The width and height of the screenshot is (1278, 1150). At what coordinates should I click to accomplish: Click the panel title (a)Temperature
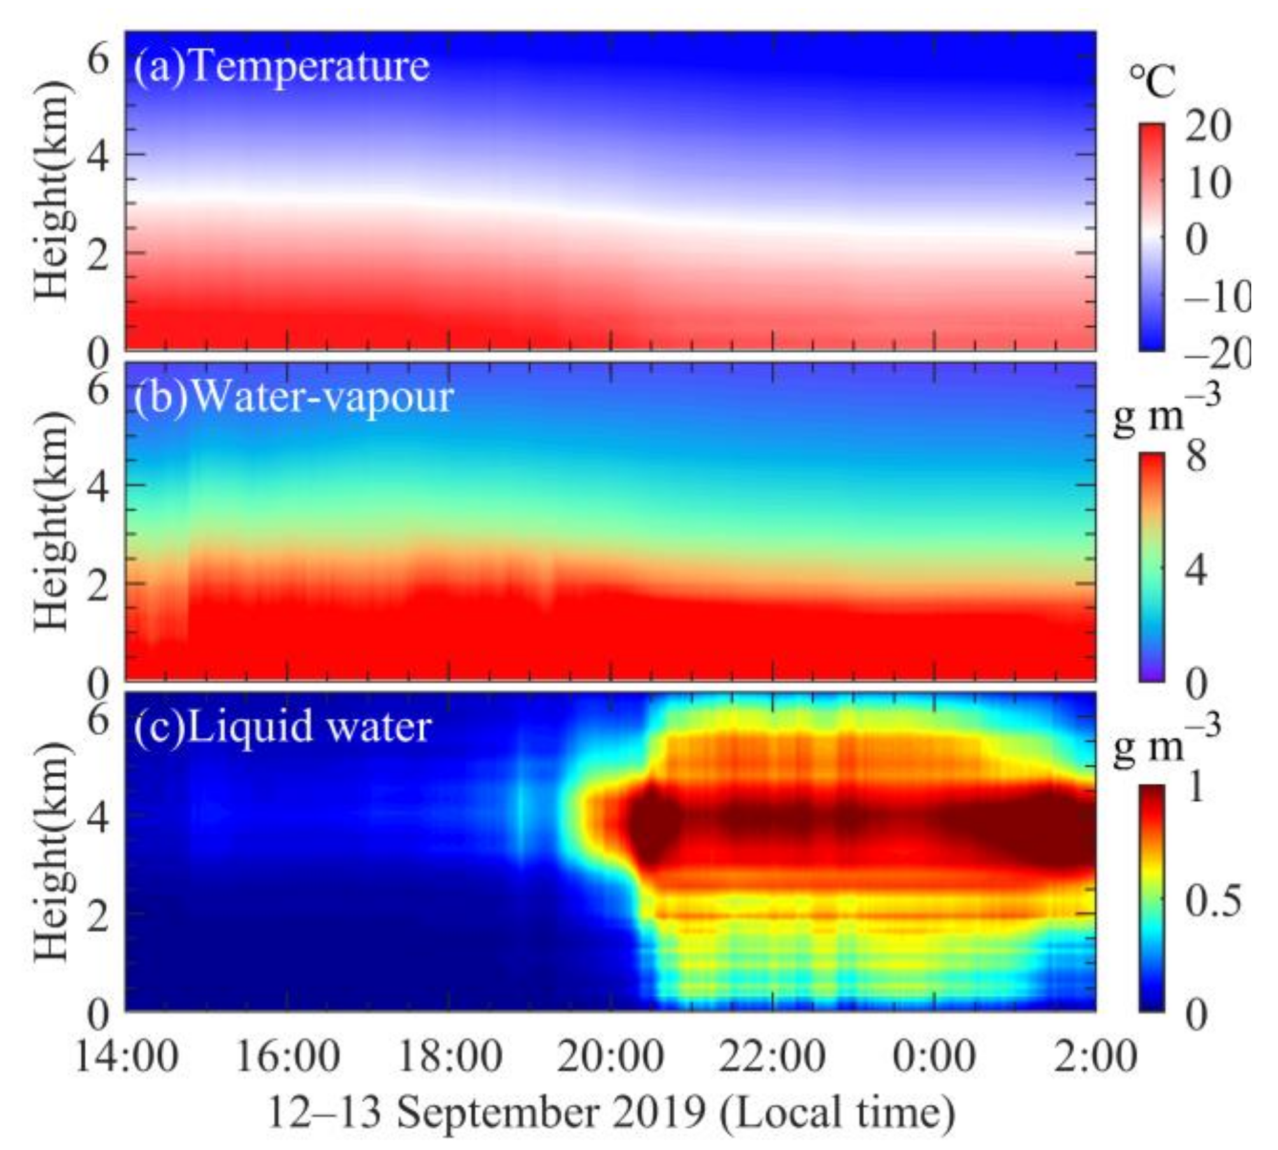point(281,67)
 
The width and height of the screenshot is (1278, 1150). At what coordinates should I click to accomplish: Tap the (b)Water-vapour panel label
point(293,398)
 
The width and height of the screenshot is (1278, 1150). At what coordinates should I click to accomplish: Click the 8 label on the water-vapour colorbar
point(1197,455)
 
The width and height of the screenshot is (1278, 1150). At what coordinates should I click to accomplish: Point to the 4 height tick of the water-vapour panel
point(98,485)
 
